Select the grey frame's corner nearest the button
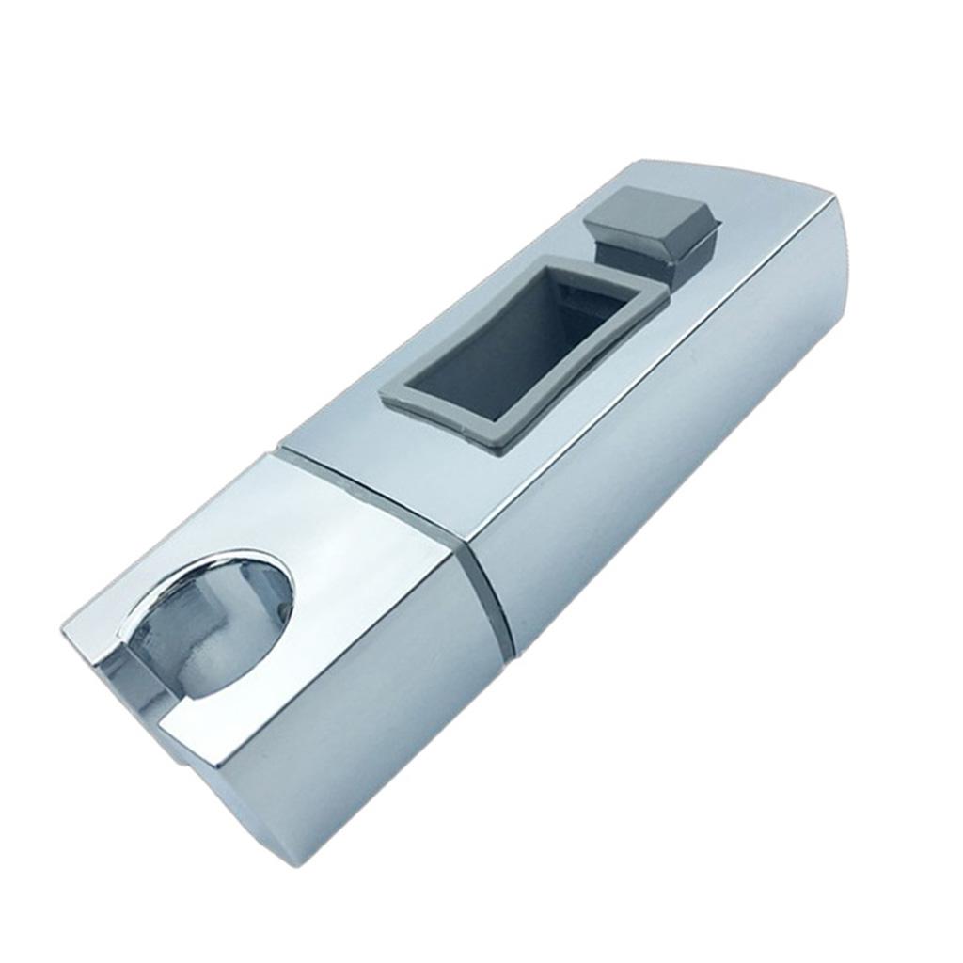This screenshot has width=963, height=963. point(662,292)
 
